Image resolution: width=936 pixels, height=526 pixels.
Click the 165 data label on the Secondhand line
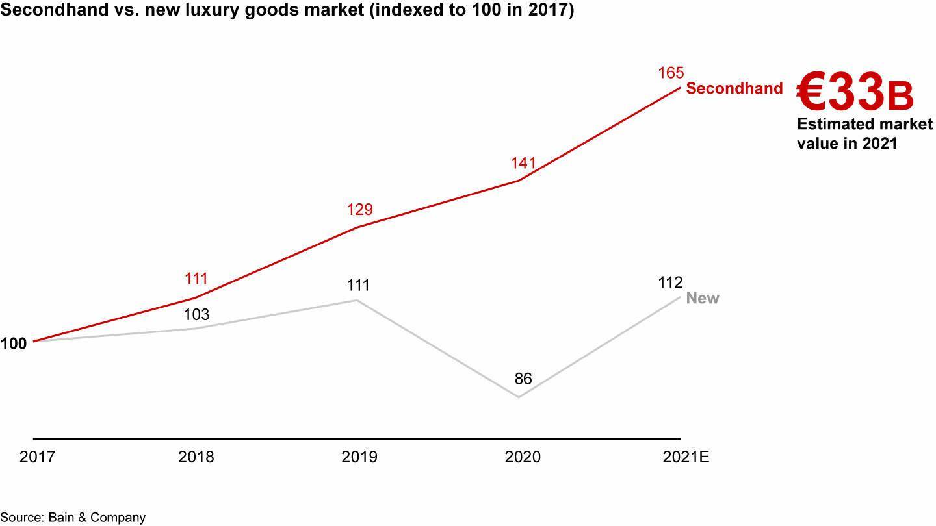pos(671,73)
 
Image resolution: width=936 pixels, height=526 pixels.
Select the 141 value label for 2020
pos(523,162)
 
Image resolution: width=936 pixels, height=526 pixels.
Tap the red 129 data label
pos(359,209)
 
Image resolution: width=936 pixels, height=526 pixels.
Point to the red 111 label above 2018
pos(196,279)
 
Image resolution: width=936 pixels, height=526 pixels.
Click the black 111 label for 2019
pos(358,285)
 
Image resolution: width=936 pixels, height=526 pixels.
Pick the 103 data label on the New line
pos(196,315)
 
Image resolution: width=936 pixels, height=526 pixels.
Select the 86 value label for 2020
pos(523,379)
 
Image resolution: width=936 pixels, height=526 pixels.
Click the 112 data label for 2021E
pos(670,282)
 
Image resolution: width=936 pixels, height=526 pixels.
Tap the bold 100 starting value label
pos(14,344)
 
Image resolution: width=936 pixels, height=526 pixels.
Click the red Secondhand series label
pos(734,88)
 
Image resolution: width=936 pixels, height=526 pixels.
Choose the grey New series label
pos(703,298)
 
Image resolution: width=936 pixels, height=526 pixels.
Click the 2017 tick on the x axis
pos(38,457)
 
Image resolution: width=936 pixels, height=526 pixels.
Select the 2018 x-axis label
pos(196,457)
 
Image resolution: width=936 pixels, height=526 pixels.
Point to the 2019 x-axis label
pos(359,457)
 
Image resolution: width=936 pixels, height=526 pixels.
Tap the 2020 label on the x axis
pos(523,457)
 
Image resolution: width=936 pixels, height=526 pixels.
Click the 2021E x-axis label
pos(686,457)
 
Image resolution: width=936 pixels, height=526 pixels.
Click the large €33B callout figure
pos(855,92)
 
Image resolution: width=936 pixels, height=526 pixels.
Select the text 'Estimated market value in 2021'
pos(864,134)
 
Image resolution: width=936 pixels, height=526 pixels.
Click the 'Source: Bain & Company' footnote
pos(73,518)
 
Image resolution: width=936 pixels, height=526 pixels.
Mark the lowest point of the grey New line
pos(519,397)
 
